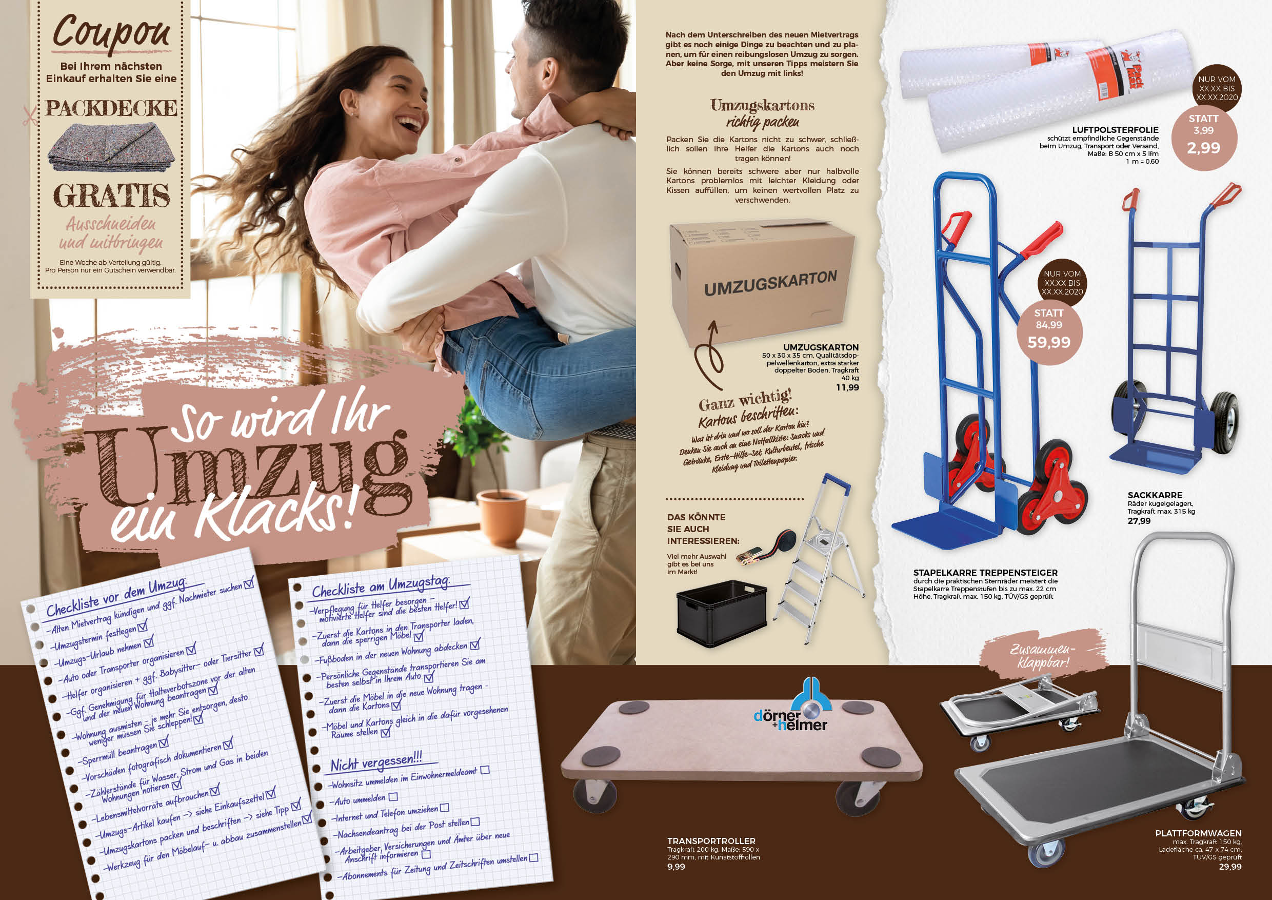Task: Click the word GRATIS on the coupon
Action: [x=111, y=196]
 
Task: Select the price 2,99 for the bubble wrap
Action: [x=1203, y=148]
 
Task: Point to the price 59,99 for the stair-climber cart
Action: [x=1049, y=342]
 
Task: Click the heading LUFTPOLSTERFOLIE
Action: [x=1115, y=130]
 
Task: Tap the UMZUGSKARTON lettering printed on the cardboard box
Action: [x=770, y=284]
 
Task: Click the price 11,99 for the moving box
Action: [x=848, y=387]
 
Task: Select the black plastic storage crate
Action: [x=722, y=614]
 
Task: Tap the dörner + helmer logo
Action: [x=792, y=705]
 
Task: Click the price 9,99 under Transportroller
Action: [x=676, y=867]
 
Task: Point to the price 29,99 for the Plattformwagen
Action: [x=1230, y=867]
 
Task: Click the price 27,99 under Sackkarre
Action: [x=1139, y=521]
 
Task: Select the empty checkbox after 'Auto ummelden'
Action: [x=393, y=797]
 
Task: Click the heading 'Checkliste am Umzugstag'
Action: [x=381, y=586]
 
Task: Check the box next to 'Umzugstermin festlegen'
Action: [x=143, y=626]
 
